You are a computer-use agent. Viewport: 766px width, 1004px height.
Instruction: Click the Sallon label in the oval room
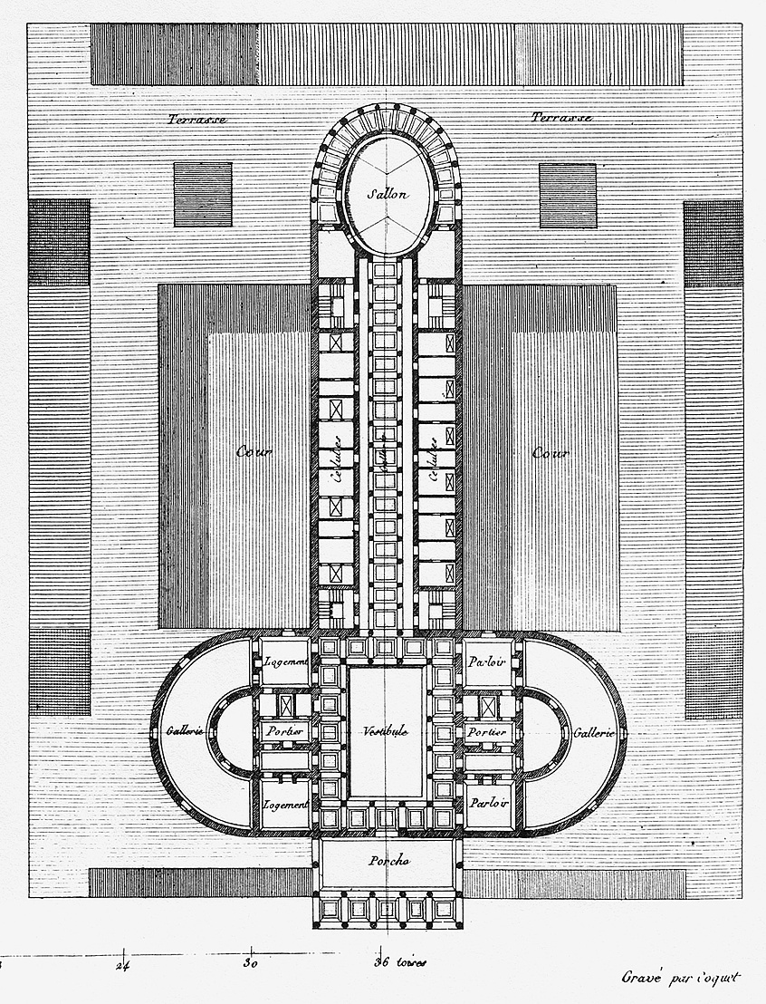(x=388, y=194)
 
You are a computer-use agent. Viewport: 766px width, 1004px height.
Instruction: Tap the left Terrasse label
(x=196, y=119)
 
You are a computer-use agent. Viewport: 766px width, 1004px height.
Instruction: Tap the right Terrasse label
(x=561, y=119)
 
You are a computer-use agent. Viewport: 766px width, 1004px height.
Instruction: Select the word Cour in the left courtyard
(x=254, y=452)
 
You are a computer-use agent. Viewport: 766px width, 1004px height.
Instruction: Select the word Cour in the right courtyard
(x=550, y=452)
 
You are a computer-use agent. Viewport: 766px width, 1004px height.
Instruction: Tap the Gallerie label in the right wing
(x=593, y=732)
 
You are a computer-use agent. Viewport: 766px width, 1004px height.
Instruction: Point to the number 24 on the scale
(x=125, y=964)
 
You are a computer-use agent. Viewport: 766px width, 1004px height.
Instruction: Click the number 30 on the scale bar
(x=253, y=964)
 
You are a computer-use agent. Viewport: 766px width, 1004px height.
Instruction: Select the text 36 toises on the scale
(x=399, y=964)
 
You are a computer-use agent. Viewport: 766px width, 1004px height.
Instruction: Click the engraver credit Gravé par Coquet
(x=681, y=977)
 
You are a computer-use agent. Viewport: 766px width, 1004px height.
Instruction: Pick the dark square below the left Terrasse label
(x=203, y=195)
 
